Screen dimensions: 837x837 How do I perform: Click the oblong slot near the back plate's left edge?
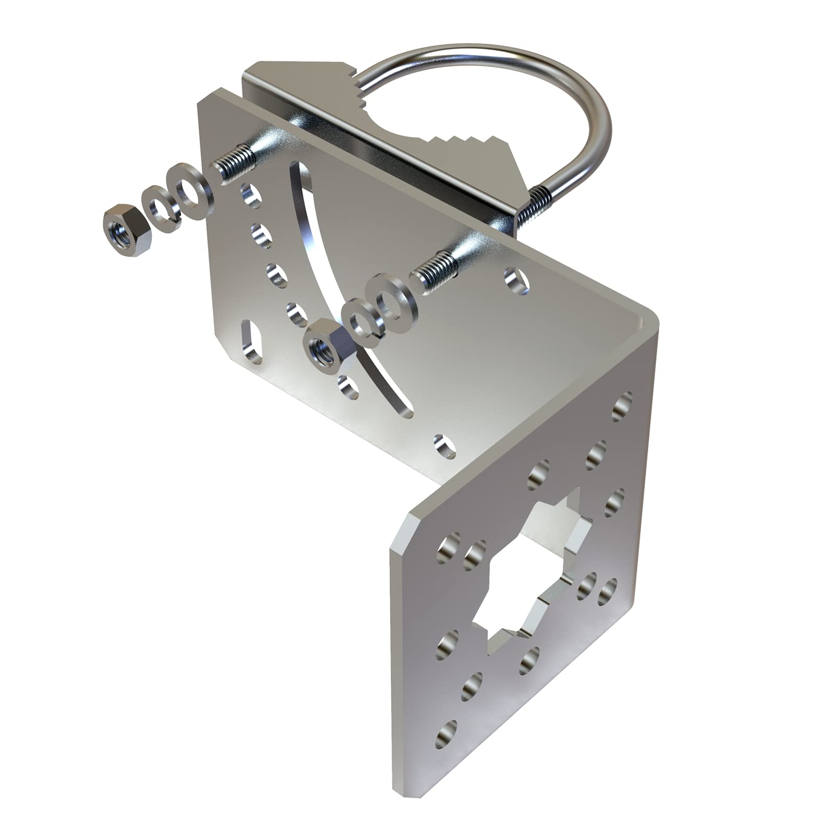click(250, 342)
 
